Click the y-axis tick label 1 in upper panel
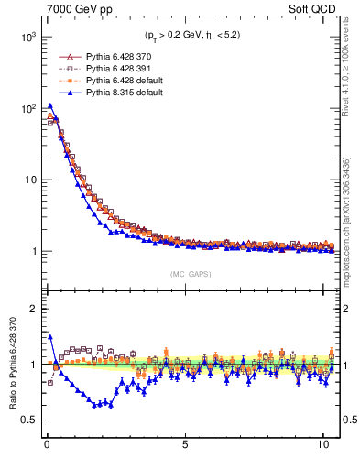(x=31, y=251)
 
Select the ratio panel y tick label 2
(x=31, y=309)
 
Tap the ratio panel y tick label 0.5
(x=27, y=420)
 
